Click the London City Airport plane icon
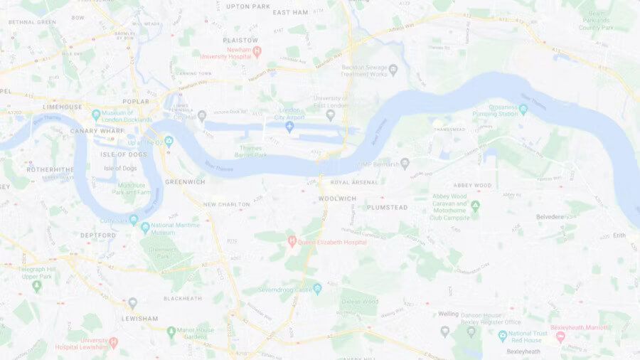click(x=289, y=127)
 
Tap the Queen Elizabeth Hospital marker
click(x=292, y=242)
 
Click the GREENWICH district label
click(x=185, y=182)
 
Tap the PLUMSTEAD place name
click(x=388, y=207)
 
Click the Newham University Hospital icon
click(x=257, y=51)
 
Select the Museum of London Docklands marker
click(x=96, y=114)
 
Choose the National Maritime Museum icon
click(x=145, y=228)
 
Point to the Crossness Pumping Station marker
click(x=523, y=110)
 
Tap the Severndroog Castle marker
click(x=317, y=288)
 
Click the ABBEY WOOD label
click(x=472, y=185)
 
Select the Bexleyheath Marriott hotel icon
click(x=560, y=337)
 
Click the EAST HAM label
click(x=290, y=12)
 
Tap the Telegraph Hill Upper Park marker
click(x=37, y=286)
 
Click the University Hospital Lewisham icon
click(x=113, y=342)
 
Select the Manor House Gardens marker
click(x=171, y=332)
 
